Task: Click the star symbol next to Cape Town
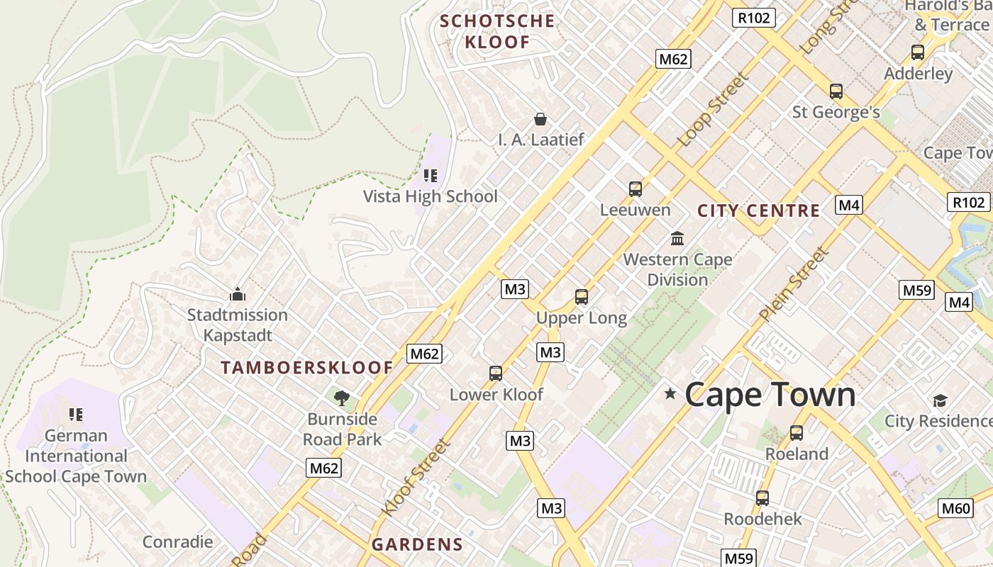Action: [x=670, y=393]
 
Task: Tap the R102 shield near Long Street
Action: [x=753, y=18]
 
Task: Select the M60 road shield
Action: [x=955, y=507]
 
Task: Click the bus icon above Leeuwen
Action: [x=636, y=189]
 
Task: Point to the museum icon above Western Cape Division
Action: [x=677, y=238]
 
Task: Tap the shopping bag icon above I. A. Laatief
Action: [x=540, y=119]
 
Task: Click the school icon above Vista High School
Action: [x=431, y=175]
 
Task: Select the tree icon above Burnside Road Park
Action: [x=342, y=398]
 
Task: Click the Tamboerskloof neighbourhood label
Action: [x=306, y=368]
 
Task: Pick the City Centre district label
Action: [x=758, y=210]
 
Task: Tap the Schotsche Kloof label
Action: [x=497, y=31]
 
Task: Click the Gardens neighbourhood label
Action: [x=417, y=544]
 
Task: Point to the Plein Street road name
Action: [x=793, y=283]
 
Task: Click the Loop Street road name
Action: [x=713, y=110]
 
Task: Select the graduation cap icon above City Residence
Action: [x=941, y=400]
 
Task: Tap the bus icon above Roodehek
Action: [x=762, y=498]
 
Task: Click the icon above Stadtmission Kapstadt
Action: [x=237, y=294]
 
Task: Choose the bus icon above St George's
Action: [x=836, y=91]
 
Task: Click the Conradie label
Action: [x=177, y=542]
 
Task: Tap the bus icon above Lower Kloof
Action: [x=496, y=374]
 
